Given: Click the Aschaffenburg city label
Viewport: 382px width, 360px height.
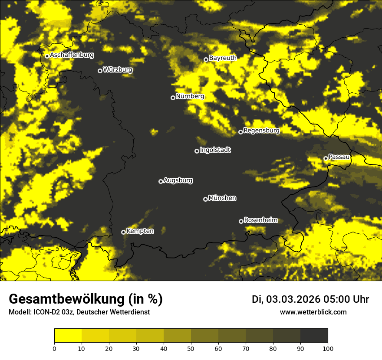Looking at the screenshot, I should point(72,55).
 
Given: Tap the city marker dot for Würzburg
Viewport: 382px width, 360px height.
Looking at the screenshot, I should point(100,71).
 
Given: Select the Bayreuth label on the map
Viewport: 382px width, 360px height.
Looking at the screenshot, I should point(223,58).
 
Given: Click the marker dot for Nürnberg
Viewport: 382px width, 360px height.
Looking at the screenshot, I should point(173,98).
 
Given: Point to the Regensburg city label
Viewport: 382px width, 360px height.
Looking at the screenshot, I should point(261,130).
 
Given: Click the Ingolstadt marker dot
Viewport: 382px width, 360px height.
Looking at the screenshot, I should point(197,151).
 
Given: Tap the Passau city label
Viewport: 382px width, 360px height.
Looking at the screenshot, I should point(339,157).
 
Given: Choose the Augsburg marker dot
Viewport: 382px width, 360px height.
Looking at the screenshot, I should point(161,181).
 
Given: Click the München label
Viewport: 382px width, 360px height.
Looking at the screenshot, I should point(222,198).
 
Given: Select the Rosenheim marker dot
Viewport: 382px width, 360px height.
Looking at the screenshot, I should point(241,221).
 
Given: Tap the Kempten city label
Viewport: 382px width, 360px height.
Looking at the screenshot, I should point(140,231).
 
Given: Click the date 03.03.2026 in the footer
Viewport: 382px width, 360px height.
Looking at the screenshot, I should point(293,299).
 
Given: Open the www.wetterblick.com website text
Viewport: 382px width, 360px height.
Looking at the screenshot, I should point(313,312).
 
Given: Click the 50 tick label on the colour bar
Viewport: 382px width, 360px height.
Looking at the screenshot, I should point(191,348).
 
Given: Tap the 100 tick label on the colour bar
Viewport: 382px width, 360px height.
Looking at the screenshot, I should point(327,348).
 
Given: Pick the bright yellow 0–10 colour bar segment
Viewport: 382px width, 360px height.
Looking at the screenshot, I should point(68,336).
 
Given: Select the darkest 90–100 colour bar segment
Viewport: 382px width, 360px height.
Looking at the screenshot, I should point(314,336).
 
